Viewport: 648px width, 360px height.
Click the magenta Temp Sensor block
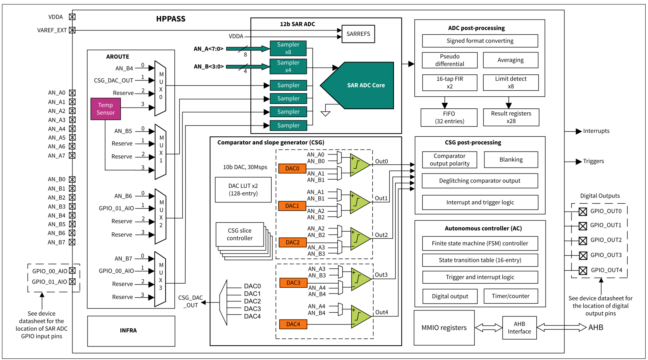coord(106,109)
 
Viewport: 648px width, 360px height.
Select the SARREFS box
coord(358,34)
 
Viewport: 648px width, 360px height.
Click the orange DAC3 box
coord(293,283)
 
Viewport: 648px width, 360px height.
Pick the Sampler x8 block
coord(288,48)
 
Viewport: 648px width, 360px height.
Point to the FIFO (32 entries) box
coord(449,118)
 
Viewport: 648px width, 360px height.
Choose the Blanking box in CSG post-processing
coord(511,160)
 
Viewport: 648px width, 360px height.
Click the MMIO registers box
coord(444,328)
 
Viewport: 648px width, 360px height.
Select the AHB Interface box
coord(519,328)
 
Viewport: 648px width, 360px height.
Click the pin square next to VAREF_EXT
coord(72,30)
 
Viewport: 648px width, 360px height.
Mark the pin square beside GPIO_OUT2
coord(583,240)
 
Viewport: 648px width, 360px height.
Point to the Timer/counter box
coord(510,296)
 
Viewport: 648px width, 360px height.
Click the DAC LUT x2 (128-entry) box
coord(243,190)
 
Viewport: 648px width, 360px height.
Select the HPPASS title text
coord(171,19)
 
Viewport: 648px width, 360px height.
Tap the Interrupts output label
coord(596,131)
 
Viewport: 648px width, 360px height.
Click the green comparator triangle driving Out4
coord(360,316)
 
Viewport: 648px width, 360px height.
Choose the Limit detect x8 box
coord(510,82)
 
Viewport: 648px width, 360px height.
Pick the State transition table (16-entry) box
coord(480,260)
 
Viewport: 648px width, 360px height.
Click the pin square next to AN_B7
coord(72,242)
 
